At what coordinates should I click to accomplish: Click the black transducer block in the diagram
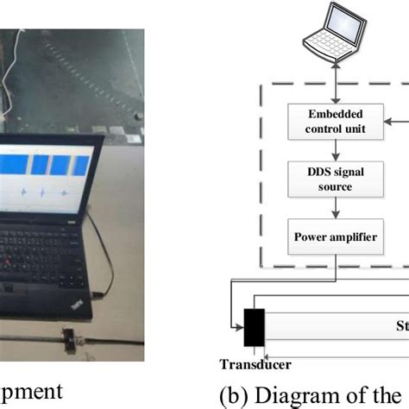pyautogui.click(x=255, y=326)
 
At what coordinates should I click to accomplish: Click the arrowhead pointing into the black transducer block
pyautogui.click(x=239, y=326)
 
